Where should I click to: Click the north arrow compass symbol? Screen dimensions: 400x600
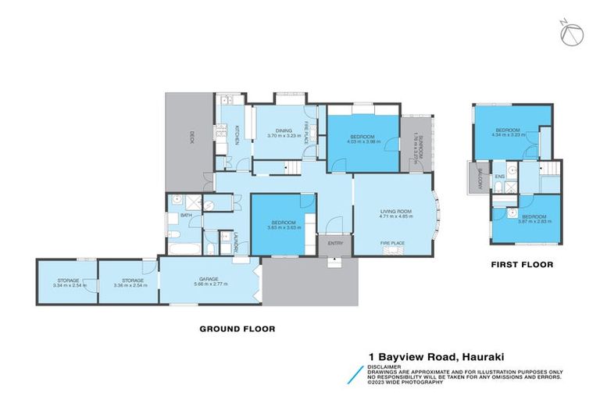pos(573,34)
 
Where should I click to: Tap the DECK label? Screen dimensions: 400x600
pos(190,137)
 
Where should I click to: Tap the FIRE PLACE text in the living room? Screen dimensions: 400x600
pos(391,243)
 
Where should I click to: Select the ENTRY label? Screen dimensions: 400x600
pos(335,243)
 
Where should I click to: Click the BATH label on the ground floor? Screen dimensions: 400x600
pos(186,215)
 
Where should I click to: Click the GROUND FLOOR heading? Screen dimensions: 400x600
pos(237,329)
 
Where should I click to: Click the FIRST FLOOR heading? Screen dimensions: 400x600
pos(522,265)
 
